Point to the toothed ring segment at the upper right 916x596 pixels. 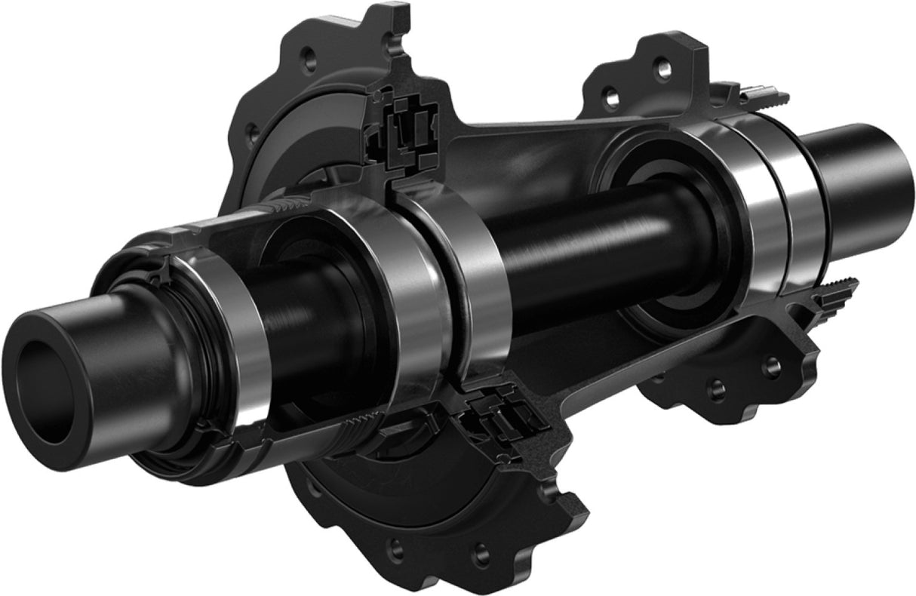[x=762, y=94]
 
